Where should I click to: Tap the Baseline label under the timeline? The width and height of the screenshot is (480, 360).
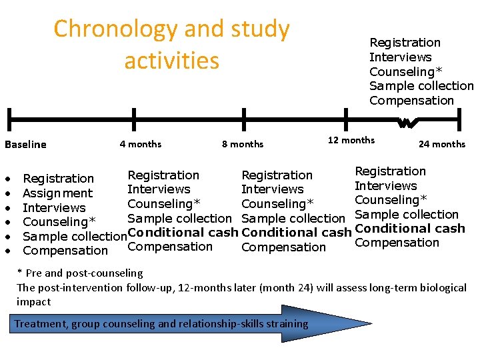tap(25, 145)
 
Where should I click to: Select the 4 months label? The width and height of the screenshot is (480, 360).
tap(140, 144)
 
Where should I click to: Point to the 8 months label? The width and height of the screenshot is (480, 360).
tap(242, 144)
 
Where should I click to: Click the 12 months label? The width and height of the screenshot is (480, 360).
tap(351, 140)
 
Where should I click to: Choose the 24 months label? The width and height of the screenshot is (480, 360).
tap(441, 144)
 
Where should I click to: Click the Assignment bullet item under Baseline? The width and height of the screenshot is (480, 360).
tap(57, 193)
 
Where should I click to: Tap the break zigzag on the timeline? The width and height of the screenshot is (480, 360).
tap(405, 122)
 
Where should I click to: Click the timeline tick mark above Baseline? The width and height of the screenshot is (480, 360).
tap(9, 120)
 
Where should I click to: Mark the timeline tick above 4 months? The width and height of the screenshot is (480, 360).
tap(134, 120)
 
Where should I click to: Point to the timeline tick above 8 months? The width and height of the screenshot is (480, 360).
tap(244, 120)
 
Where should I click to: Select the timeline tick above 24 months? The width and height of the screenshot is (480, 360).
tap(459, 120)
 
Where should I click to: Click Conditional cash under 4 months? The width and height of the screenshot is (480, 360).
tap(183, 233)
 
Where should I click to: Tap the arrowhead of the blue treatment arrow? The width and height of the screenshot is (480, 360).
tap(333, 324)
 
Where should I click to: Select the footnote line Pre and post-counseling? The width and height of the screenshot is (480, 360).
tap(79, 273)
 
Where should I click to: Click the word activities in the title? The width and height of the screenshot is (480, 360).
tap(171, 61)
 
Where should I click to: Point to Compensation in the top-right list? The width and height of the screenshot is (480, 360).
tap(411, 101)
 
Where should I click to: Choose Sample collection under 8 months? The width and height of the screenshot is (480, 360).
tap(293, 218)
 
